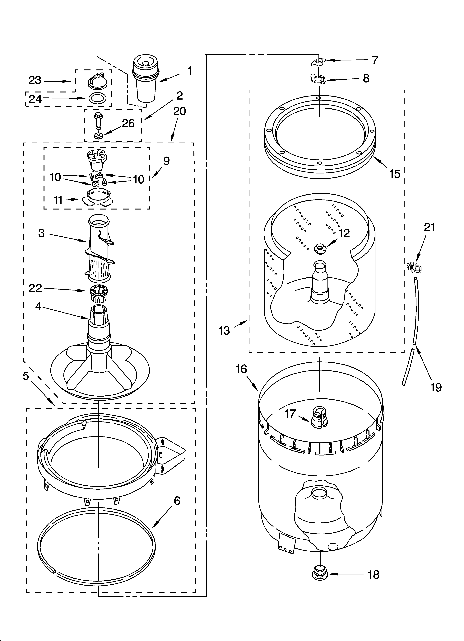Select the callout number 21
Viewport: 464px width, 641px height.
click(429, 228)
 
